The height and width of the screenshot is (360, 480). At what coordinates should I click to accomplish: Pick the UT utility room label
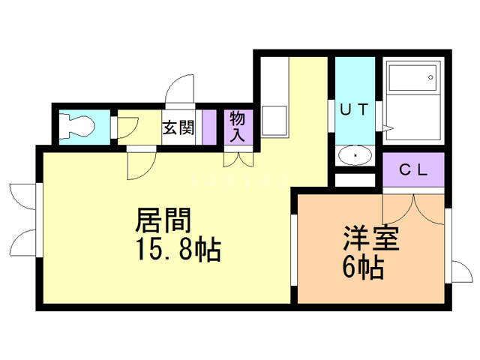coord(354,109)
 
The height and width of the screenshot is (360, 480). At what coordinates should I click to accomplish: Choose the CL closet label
coord(412,170)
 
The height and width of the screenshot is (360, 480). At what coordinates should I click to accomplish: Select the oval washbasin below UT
coord(354,156)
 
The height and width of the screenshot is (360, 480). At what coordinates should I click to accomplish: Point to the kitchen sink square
coord(274,120)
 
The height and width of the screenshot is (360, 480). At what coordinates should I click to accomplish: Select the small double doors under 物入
coord(238,159)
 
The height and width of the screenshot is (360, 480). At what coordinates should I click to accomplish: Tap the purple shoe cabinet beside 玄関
coord(208,126)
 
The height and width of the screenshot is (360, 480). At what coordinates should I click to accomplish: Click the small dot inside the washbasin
coord(354,155)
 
